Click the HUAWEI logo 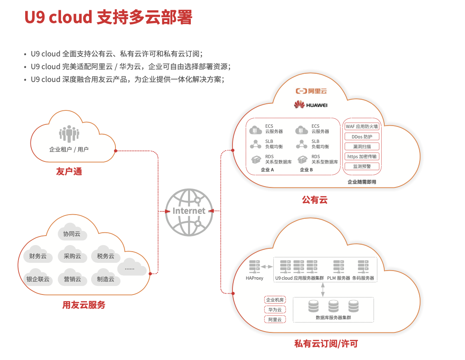click(x=311, y=105)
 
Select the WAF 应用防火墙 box click(x=362, y=126)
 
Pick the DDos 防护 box click(x=362, y=136)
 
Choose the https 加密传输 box click(x=362, y=157)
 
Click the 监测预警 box click(x=362, y=166)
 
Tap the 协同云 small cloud click(x=72, y=234)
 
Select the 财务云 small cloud click(x=38, y=256)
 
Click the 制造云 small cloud click(x=106, y=278)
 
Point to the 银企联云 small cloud click(x=38, y=278)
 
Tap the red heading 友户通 click(x=69, y=171)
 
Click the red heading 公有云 click(x=315, y=200)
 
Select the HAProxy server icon click(x=254, y=266)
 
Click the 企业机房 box click(x=275, y=300)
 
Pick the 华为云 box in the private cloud click(x=275, y=310)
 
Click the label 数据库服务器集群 click(x=333, y=318)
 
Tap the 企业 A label click(x=267, y=170)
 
